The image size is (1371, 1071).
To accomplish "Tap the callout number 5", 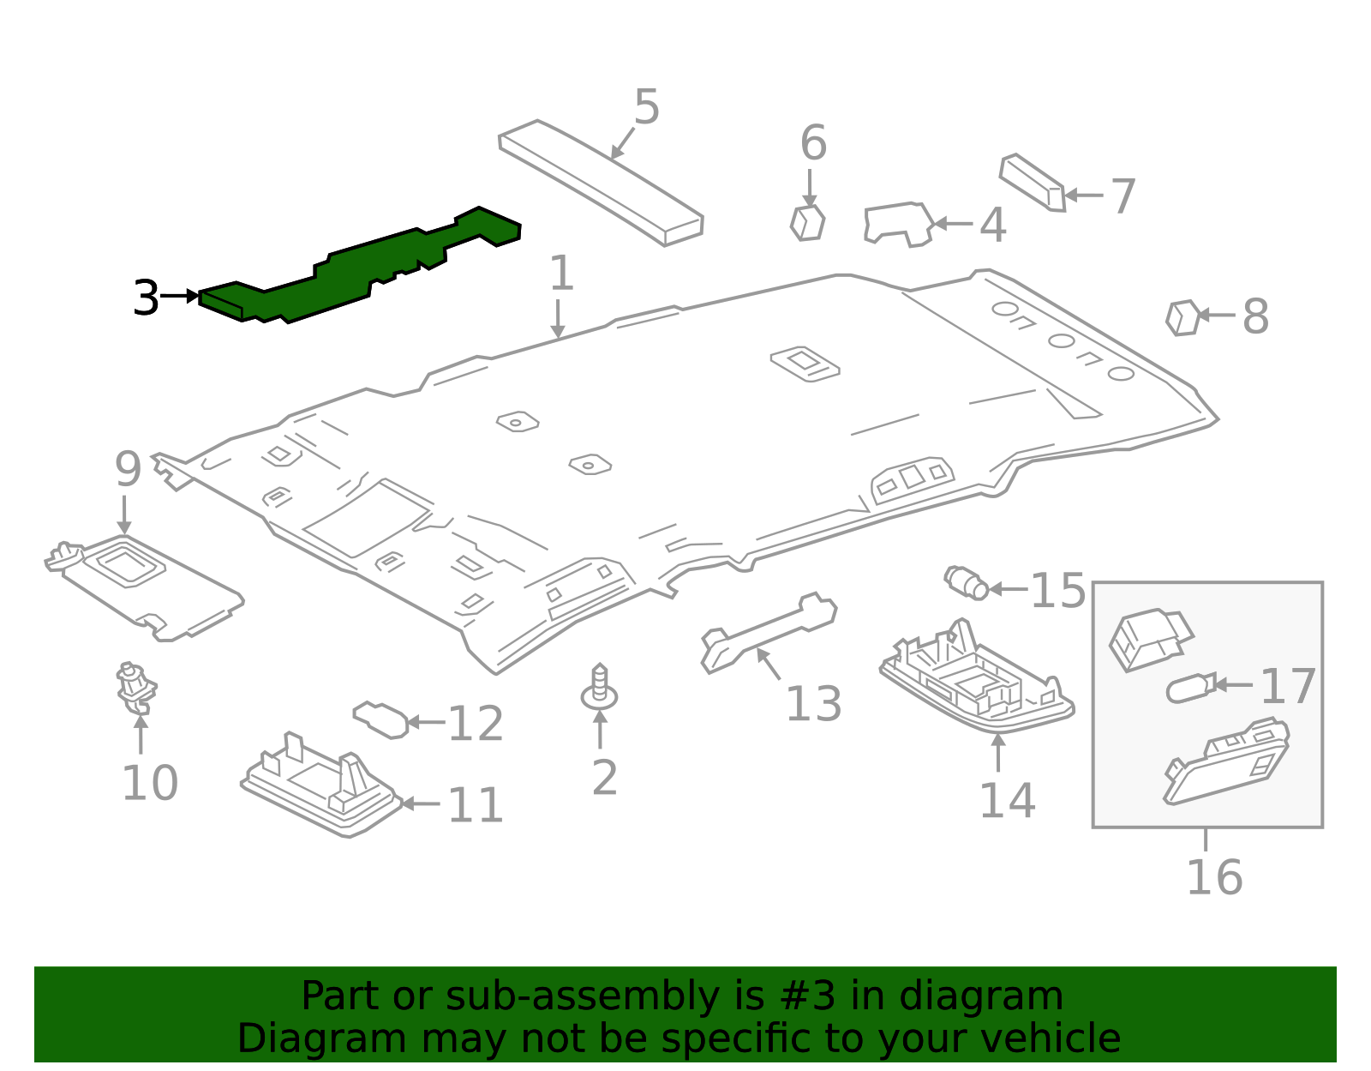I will click(x=647, y=108).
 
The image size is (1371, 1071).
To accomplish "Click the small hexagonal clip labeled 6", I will click(x=807, y=222).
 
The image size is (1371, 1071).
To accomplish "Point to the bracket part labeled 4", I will click(x=896, y=224).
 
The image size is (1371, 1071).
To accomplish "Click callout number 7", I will click(x=1123, y=196).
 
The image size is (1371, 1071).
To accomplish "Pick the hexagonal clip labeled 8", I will click(x=1182, y=317).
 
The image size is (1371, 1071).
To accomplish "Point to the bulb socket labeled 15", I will click(x=967, y=583).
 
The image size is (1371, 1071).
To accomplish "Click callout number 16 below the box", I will click(x=1214, y=877).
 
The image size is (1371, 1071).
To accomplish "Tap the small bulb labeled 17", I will click(x=1189, y=688).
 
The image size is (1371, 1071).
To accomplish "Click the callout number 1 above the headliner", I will click(x=560, y=274).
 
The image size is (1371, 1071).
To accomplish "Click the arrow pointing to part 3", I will click(x=181, y=297).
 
